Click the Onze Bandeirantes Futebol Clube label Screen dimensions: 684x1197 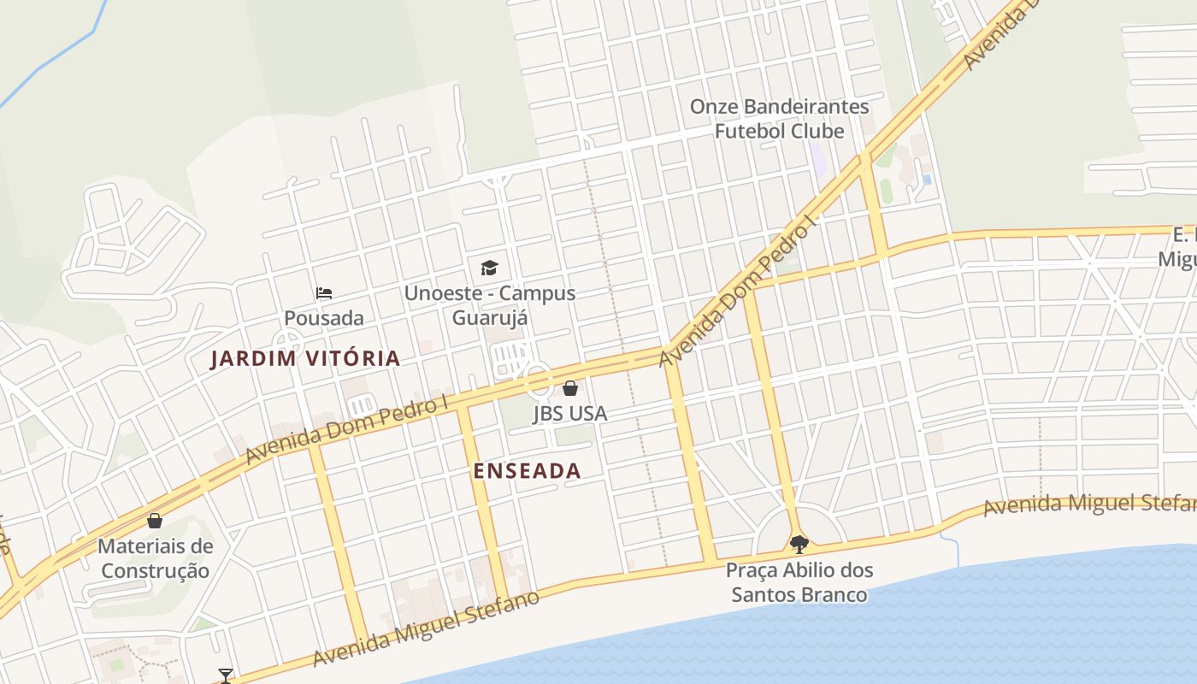pyautogui.click(x=779, y=119)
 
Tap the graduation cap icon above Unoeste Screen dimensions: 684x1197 pyautogui.click(x=489, y=268)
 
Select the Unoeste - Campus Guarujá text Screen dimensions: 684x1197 pyautogui.click(x=489, y=305)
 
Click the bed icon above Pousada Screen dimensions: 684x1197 pyautogui.click(x=324, y=293)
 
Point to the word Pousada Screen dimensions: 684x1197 pyautogui.click(x=324, y=318)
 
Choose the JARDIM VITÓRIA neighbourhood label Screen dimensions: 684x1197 pyautogui.click(x=305, y=358)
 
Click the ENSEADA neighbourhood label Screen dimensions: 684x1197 pyautogui.click(x=527, y=471)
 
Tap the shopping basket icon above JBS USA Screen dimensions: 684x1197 pyautogui.click(x=570, y=388)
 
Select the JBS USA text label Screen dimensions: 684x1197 pyautogui.click(x=570, y=414)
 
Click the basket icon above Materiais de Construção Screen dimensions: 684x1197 pyautogui.click(x=155, y=521)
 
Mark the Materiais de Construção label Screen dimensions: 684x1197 pyautogui.click(x=155, y=558)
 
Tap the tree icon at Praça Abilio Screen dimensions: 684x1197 pyautogui.click(x=799, y=544)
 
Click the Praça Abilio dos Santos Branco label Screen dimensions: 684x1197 pyautogui.click(x=799, y=582)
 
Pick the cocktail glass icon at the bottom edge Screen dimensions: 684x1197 pyautogui.click(x=225, y=676)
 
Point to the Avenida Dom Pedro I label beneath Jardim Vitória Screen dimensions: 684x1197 pyautogui.click(x=346, y=429)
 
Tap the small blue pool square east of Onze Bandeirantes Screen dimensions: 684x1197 pyautogui.click(x=928, y=180)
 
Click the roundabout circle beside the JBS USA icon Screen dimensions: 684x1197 pyautogui.click(x=538, y=380)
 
